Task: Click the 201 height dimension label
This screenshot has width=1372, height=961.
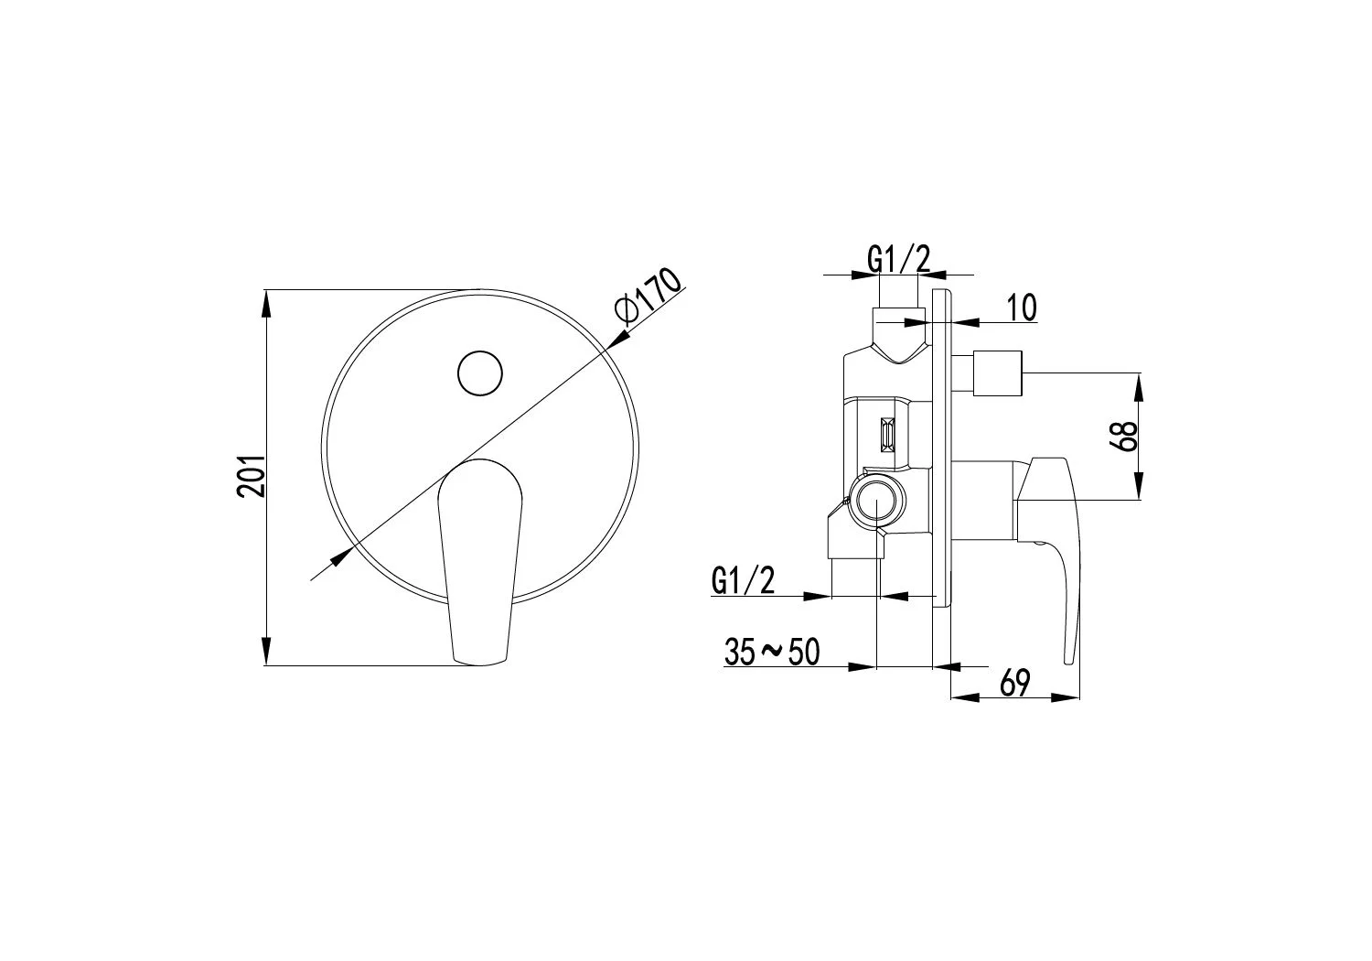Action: tap(252, 476)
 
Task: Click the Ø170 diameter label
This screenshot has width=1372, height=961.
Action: tap(649, 295)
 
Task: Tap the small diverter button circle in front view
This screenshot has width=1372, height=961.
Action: tap(480, 373)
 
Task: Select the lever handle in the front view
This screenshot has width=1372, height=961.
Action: tap(480, 561)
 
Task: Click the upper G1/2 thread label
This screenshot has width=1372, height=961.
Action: tap(898, 259)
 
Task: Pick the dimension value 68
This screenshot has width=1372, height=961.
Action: tap(1127, 436)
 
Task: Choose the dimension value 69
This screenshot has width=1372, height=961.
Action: tap(1015, 684)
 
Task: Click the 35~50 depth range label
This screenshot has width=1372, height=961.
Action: tap(772, 652)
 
